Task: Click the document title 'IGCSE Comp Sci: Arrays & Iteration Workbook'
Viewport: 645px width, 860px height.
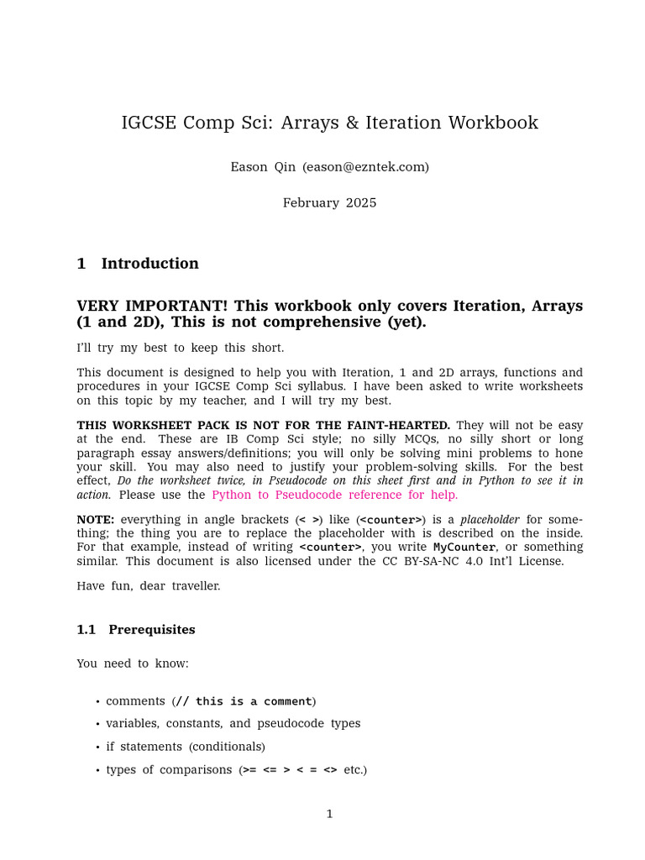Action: tap(329, 123)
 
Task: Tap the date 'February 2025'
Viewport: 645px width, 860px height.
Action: tap(329, 203)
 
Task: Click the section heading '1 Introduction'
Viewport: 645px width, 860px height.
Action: tap(138, 264)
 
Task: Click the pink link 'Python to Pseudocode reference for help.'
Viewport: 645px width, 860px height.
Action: tap(334, 495)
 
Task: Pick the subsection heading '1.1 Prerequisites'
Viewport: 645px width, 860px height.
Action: tap(136, 630)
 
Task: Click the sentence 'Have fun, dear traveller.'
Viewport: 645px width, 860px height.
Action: tap(149, 586)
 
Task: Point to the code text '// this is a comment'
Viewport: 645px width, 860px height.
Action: tap(244, 701)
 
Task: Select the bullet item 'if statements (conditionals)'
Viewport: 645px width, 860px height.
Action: tap(185, 747)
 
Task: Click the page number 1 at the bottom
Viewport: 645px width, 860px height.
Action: tap(329, 814)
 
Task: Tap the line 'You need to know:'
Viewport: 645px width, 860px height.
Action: tap(133, 663)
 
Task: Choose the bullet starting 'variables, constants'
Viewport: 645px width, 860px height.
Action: tap(233, 724)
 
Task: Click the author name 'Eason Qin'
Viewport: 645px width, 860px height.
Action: tap(263, 167)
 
